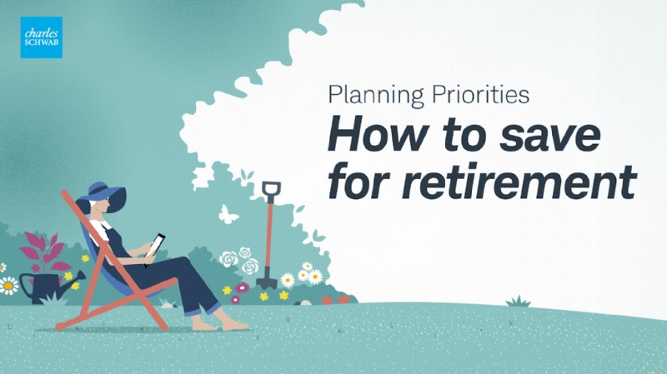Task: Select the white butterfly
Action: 228,214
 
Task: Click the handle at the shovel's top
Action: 271,191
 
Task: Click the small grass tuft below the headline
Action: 518,301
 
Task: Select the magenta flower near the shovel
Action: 242,287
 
